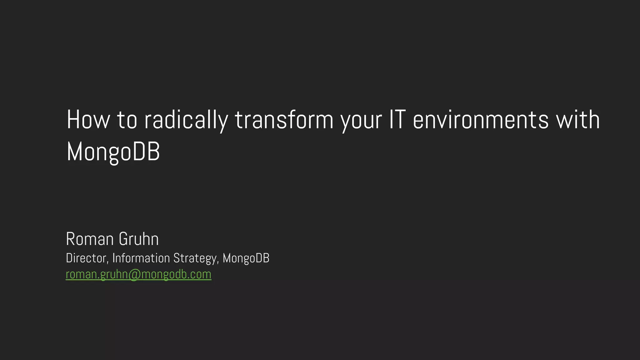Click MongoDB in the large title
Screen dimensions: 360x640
(x=113, y=152)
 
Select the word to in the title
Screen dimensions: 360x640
(x=127, y=120)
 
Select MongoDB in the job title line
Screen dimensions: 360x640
(x=246, y=258)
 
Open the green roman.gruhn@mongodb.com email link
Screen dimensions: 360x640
(x=138, y=274)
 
